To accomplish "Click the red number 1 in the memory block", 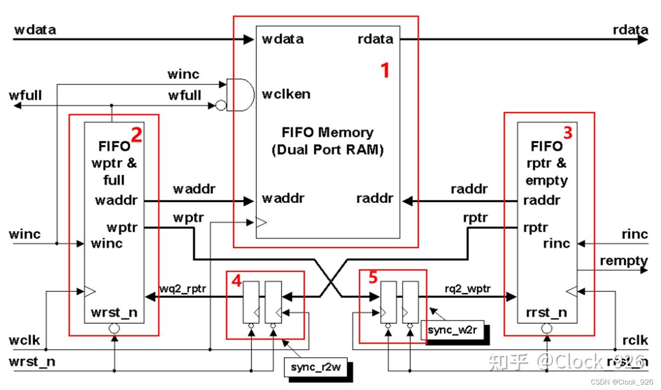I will pos(385,71).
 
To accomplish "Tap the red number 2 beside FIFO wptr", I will pos(136,135).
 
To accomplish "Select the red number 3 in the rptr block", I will pos(568,132).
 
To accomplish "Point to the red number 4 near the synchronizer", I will pos(237,281).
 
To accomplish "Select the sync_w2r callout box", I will pos(452,330).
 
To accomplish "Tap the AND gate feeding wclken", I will pos(240,94).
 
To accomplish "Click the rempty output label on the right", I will pos(623,260).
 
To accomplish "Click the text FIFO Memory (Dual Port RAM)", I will pos(327,141).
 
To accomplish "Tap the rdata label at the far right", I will pos(630,30).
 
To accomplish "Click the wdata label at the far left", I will pos(35,30).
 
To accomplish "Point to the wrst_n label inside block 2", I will pos(114,313).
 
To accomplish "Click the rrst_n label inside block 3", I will pos(546,313).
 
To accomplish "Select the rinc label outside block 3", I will pos(635,234).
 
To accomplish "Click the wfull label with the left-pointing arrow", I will pos(25,95).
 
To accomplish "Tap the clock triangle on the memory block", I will pos(261,223).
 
